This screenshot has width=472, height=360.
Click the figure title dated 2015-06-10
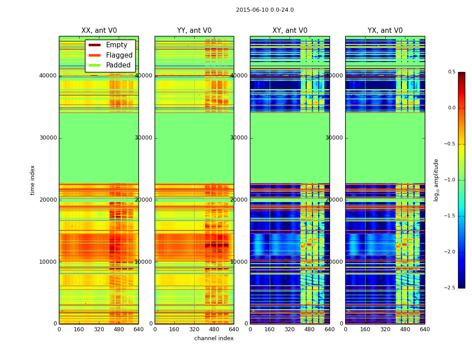[265, 10]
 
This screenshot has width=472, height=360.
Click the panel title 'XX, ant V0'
[99, 31]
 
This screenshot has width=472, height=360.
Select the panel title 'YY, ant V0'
[194, 31]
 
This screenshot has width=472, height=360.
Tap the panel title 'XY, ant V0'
[290, 31]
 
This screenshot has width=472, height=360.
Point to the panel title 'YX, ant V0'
[385, 31]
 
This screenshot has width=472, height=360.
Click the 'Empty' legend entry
[116, 45]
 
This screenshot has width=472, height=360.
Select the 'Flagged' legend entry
[119, 55]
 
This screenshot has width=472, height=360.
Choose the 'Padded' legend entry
[118, 65]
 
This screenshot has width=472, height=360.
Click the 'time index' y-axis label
[32, 180]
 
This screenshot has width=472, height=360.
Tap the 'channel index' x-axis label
[214, 338]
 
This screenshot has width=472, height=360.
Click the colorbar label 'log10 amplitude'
[436, 180]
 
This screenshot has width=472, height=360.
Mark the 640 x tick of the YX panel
[425, 329]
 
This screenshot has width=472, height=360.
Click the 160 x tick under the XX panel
[79, 329]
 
